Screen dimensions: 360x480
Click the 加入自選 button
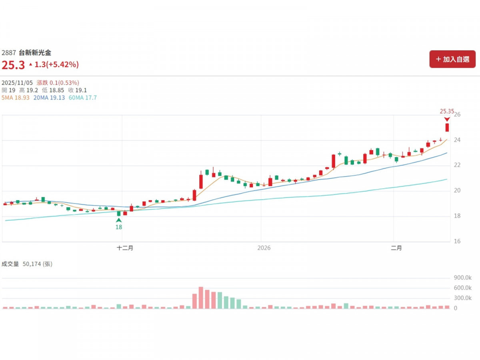[452, 59]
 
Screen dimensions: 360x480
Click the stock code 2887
[9, 52]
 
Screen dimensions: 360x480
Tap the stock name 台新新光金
[35, 52]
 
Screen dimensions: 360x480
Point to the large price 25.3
[13, 65]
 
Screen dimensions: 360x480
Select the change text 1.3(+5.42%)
[56, 64]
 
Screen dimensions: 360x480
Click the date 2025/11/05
[17, 82]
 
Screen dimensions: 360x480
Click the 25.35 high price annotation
[447, 112]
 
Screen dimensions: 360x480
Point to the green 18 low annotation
[119, 227]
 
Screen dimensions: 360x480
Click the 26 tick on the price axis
[457, 115]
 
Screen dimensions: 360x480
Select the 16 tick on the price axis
[457, 241]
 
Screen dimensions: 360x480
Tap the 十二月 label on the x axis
[125, 248]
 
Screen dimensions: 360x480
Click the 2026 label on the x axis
[264, 248]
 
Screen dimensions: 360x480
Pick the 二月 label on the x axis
[396, 248]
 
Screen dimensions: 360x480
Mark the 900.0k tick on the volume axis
[463, 278]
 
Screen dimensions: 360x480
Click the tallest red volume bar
[201, 298]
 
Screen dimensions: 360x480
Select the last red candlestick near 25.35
[447, 127]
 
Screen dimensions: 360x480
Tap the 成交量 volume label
[10, 264]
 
